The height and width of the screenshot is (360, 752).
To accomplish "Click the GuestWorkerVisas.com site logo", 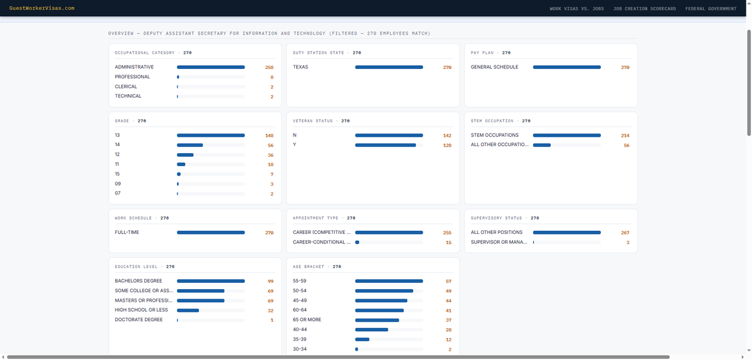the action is click(x=42, y=8).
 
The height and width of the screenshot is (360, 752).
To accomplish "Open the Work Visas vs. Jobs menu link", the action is click(x=576, y=9).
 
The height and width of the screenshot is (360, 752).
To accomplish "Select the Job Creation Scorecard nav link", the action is click(x=644, y=9).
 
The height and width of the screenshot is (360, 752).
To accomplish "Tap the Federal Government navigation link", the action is click(x=711, y=9).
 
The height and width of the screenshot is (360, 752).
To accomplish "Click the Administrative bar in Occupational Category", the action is click(x=211, y=67).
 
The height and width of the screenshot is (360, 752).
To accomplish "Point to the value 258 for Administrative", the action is click(x=269, y=68).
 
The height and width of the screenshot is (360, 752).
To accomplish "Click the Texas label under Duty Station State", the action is click(x=300, y=67).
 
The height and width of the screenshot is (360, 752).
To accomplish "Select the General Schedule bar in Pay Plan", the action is click(x=566, y=67).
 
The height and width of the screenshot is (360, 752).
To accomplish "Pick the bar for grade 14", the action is click(x=190, y=145).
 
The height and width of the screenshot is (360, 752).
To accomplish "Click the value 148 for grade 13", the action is click(x=269, y=135).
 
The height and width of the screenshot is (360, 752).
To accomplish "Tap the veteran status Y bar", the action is click(x=385, y=145).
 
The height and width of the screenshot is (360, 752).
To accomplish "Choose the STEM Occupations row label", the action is click(x=494, y=135).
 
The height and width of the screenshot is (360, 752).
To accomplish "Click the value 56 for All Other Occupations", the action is click(x=627, y=146).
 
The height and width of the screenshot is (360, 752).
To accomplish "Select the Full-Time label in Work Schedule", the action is click(x=127, y=233).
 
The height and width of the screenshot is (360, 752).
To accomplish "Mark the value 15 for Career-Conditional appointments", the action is click(x=448, y=243).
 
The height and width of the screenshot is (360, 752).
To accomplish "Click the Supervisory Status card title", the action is click(x=496, y=218).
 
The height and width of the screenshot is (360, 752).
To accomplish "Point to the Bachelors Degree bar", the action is click(x=211, y=281).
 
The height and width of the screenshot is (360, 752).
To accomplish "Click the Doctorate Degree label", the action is click(x=139, y=320).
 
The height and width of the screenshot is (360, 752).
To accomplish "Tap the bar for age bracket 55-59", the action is click(x=389, y=281).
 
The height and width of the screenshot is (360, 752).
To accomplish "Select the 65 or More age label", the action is click(x=307, y=320).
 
